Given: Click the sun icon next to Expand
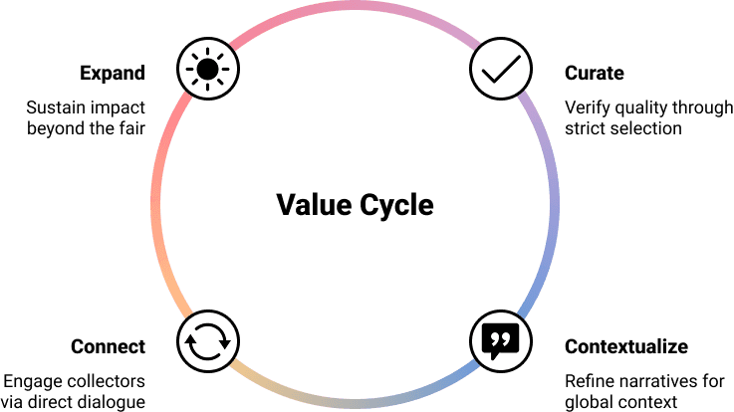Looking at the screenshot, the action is (x=207, y=69).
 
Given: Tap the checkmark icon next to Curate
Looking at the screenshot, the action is (x=499, y=69).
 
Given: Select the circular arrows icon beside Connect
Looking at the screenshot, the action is (x=207, y=341).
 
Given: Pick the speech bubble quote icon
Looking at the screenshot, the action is (x=499, y=341).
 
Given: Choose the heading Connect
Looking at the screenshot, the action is (x=109, y=346).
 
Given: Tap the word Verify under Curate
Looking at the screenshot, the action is (x=585, y=106).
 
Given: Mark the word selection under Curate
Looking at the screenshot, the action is (x=646, y=128).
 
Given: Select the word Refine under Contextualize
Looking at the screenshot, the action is (x=587, y=380).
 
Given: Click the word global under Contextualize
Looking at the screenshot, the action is (x=586, y=402).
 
